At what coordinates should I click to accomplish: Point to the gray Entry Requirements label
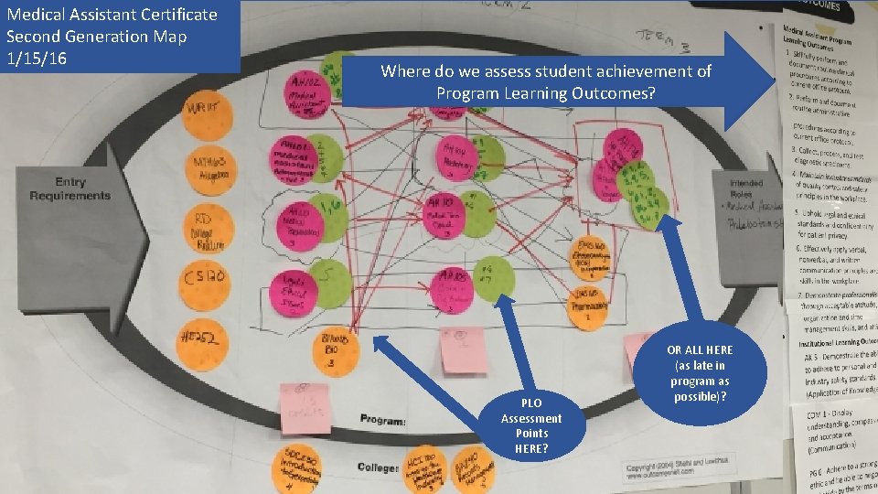(x=70, y=189)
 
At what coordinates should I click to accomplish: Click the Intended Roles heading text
(x=746, y=188)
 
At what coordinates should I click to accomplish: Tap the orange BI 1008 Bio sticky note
(x=335, y=350)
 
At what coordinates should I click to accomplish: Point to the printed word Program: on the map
(x=383, y=419)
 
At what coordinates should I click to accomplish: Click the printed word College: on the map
(x=379, y=467)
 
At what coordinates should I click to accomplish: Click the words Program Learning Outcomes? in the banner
(x=545, y=93)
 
